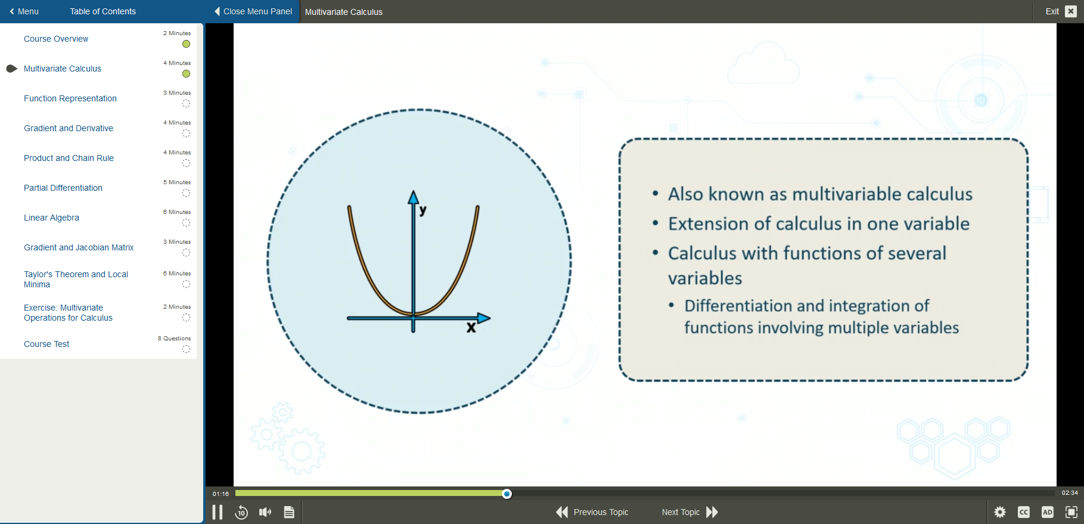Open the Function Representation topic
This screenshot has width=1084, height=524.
pos(70,98)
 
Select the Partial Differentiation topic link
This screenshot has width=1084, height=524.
pos(63,188)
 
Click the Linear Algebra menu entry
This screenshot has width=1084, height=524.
pos(51,218)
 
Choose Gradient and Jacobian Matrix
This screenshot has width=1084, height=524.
pos(79,247)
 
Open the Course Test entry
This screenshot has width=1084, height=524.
pos(46,344)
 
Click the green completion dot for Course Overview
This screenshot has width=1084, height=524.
pos(186,44)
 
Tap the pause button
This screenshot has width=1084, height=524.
pos(218,512)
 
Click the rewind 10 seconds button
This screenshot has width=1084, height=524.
pos(241,512)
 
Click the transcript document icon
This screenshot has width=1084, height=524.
pos(289,512)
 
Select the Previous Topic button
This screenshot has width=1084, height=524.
pos(592,512)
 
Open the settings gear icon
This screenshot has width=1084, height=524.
pos(1000,512)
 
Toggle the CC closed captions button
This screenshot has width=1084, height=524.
pos(1024,512)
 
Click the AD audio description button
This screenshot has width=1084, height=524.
pos(1047,512)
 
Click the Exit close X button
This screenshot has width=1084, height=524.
pos(1071,11)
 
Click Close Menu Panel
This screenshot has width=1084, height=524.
pos(253,11)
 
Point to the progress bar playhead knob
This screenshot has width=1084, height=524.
pos(507,494)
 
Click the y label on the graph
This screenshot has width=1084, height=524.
pos(423,210)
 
